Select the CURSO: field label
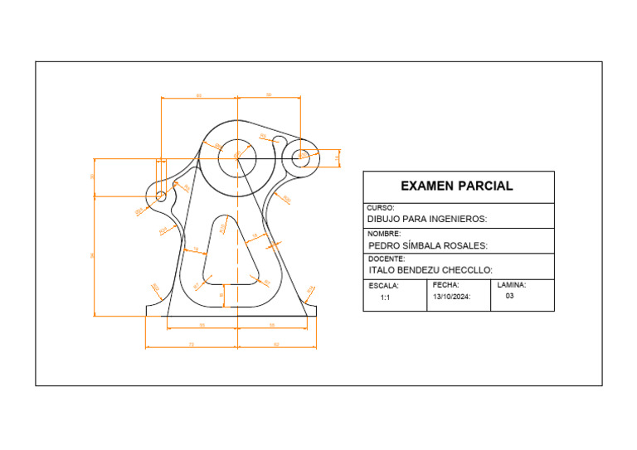[x=381, y=208]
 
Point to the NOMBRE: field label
[x=384, y=234]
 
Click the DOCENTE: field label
[x=387, y=259]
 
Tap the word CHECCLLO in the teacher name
[x=464, y=270]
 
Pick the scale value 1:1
[x=386, y=297]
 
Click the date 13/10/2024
[x=451, y=296]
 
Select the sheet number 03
[x=510, y=295]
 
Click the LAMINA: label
[x=511, y=284]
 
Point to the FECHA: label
[x=445, y=284]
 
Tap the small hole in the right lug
[x=303, y=154]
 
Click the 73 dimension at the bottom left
[x=191, y=343]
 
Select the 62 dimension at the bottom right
[x=276, y=343]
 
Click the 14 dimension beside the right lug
[x=337, y=157]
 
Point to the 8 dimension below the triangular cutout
[x=221, y=294]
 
